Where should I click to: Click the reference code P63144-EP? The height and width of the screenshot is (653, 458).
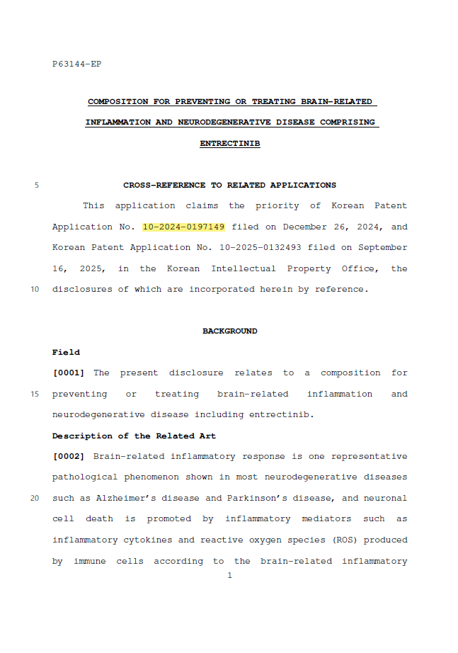tap(76, 64)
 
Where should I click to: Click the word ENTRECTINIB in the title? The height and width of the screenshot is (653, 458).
tap(229, 143)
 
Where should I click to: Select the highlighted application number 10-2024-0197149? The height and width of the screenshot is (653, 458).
tap(183, 227)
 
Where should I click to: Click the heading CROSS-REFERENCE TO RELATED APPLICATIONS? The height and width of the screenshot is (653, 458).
tap(229, 185)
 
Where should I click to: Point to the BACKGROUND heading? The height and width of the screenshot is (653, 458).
tap(229, 331)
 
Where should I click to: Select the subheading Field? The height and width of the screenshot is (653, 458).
tap(66, 352)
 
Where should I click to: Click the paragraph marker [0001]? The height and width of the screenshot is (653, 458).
tap(69, 373)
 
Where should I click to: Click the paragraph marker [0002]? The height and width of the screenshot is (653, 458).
tap(69, 456)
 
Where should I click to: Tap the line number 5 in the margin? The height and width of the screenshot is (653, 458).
tap(36, 186)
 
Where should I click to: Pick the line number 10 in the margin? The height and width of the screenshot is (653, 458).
tap(35, 290)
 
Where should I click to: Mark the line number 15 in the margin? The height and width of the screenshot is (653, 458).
tap(35, 394)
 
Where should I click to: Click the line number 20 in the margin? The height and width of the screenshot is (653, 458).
tap(35, 498)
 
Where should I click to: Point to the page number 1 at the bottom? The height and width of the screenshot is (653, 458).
tap(229, 576)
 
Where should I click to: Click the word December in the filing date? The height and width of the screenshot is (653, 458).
tap(305, 227)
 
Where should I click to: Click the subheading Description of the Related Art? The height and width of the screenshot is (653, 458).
tap(134, 436)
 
